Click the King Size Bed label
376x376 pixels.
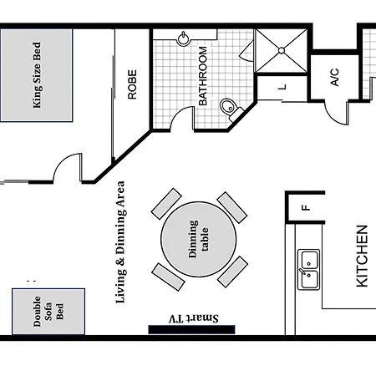(x=37, y=75)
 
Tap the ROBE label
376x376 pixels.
(x=132, y=84)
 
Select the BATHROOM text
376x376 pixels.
(x=203, y=76)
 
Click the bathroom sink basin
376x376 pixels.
(x=183, y=38)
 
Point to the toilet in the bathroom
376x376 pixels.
(x=231, y=108)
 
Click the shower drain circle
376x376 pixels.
(x=282, y=51)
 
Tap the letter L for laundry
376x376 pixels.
(x=282, y=87)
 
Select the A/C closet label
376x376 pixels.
(x=334, y=77)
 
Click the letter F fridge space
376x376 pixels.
(x=306, y=207)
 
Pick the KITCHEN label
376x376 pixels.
(x=362, y=256)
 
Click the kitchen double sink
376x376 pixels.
(x=308, y=270)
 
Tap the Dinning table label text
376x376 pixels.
(x=198, y=239)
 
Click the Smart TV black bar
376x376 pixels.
(x=191, y=329)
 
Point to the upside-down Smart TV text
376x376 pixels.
(x=194, y=318)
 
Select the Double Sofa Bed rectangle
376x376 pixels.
(x=48, y=312)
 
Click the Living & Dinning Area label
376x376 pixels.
(x=120, y=242)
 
